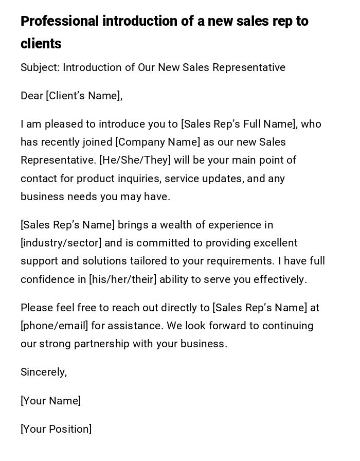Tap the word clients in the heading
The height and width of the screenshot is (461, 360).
(41, 44)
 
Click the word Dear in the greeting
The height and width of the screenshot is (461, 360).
(32, 96)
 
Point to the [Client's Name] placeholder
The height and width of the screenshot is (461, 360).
(84, 96)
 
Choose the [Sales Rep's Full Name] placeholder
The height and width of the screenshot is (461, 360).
(239, 124)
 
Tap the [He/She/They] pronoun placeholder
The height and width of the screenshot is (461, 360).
(135, 160)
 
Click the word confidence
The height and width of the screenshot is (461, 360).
(47, 279)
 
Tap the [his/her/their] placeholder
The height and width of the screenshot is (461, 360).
(123, 279)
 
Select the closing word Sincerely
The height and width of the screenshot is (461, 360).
(44, 372)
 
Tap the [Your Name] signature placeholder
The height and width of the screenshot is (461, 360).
(50, 401)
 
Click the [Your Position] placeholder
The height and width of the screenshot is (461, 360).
(56, 429)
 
